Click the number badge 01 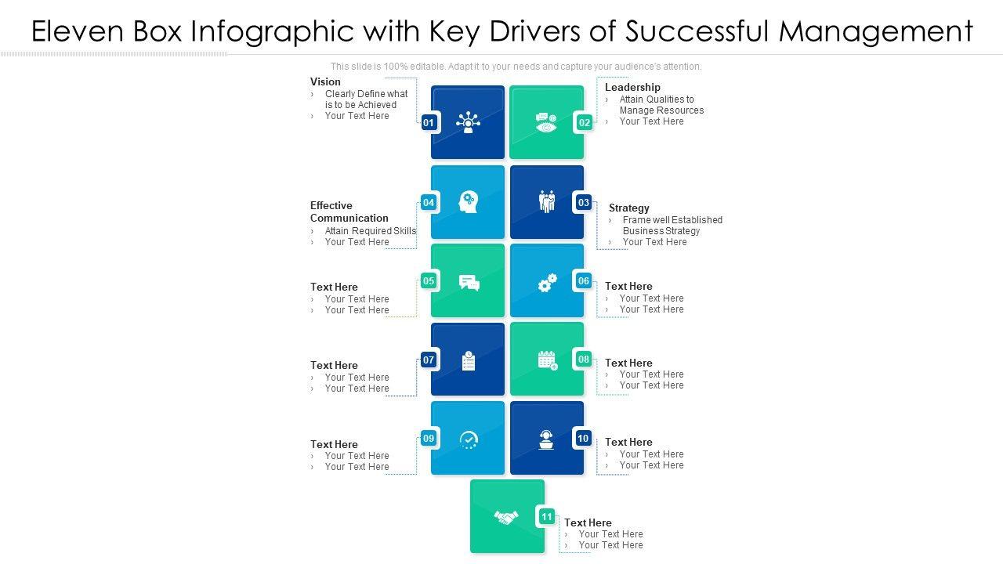click(429, 122)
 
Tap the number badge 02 click(585, 122)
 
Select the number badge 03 click(584, 203)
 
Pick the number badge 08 click(584, 360)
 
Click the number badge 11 click(547, 516)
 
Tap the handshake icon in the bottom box click(506, 517)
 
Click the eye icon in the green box click(546, 123)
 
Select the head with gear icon click(468, 202)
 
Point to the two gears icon click(547, 282)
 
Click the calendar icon click(547, 360)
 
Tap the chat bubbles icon click(469, 283)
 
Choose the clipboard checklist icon click(469, 361)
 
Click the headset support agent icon click(547, 439)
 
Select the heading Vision click(325, 81)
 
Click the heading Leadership click(632, 87)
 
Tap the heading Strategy click(629, 208)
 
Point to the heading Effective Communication click(349, 211)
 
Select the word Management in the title click(876, 31)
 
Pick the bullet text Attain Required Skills click(371, 231)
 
